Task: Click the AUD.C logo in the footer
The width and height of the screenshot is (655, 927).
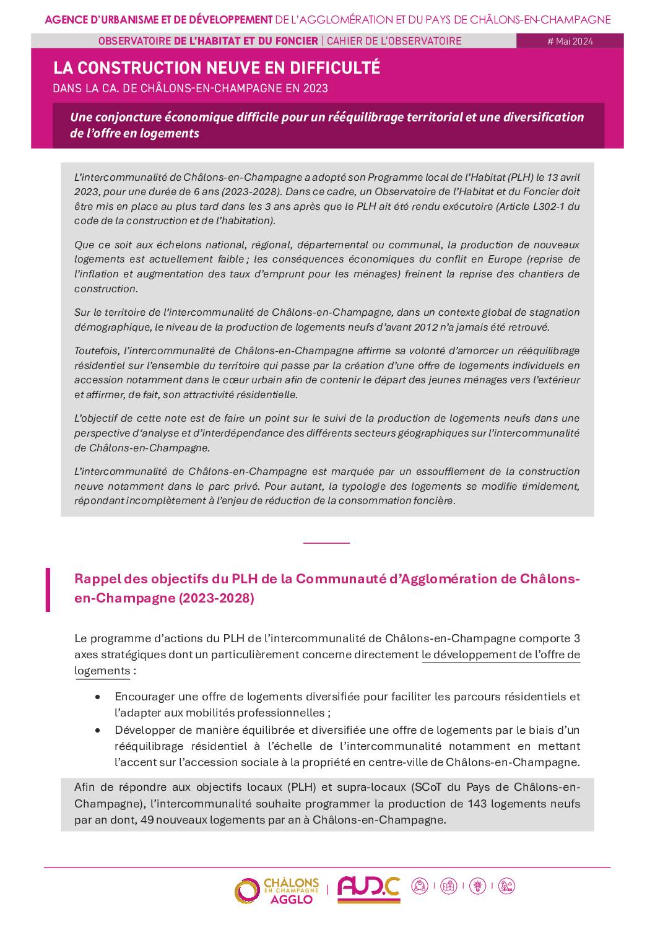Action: tap(368, 890)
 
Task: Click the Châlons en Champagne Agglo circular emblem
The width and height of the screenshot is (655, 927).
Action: tap(246, 891)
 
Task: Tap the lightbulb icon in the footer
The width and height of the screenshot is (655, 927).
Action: tap(477, 886)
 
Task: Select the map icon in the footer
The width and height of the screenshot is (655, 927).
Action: tap(449, 886)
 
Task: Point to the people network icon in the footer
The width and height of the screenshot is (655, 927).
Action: tap(420, 886)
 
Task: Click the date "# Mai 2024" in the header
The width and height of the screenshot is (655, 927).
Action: tap(570, 41)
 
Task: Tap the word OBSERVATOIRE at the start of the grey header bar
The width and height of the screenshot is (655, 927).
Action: tap(134, 41)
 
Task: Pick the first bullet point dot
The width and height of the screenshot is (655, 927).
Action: tap(98, 697)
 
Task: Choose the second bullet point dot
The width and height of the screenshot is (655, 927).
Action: tap(98, 730)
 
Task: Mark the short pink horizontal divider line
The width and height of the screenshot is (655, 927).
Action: tap(326, 542)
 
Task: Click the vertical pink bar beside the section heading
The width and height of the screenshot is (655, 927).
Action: tap(48, 589)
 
